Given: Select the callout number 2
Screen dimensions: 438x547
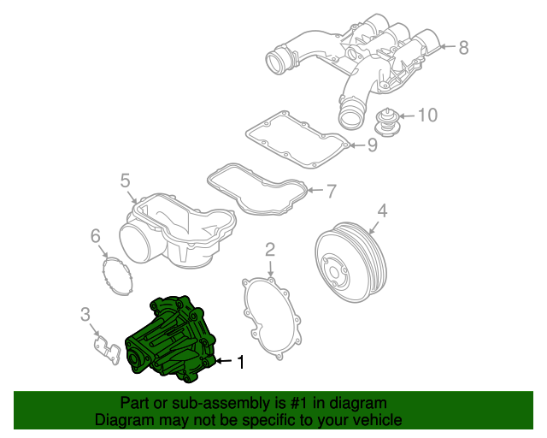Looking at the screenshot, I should pos(269,250).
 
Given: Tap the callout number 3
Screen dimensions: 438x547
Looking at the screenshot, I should pos(85,314).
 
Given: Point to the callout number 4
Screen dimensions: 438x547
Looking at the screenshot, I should pos(382,210).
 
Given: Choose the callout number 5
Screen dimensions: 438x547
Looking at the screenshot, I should pos(125,181).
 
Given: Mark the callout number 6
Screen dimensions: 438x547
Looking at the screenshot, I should pos(96,235).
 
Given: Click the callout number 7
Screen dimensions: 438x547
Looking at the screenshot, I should pos(332,189).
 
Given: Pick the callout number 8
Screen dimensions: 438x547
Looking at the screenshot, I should pos(463,48).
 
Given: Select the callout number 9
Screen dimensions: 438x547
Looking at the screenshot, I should pos(372,145).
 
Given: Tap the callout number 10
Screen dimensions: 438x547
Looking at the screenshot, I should pos(426,114).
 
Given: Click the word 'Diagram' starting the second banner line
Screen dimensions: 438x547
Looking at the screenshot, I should pos(123,420).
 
